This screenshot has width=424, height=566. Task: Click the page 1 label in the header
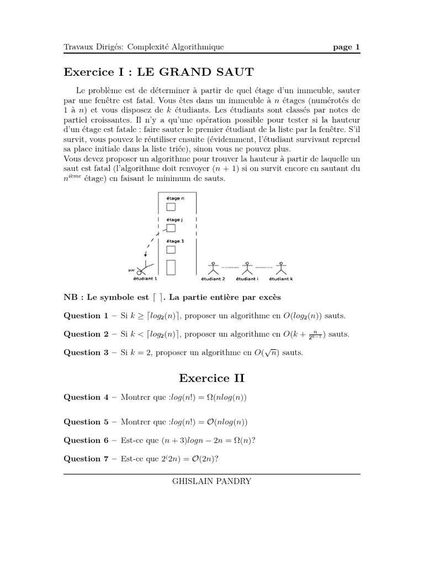click(346, 47)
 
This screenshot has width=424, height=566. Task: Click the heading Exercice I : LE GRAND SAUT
click(159, 71)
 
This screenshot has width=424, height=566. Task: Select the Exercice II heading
click(211, 378)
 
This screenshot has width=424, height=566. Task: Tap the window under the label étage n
click(171, 207)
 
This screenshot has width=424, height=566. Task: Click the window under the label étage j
click(171, 228)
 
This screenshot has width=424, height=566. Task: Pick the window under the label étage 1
click(171, 250)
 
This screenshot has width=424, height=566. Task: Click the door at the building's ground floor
click(171, 267)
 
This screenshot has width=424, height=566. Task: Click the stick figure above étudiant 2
click(213, 268)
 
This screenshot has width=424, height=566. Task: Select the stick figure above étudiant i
click(248, 268)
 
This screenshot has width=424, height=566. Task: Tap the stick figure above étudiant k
click(283, 268)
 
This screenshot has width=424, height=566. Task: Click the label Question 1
click(86, 316)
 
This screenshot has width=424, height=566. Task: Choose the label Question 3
click(86, 353)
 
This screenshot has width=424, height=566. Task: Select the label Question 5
click(86, 422)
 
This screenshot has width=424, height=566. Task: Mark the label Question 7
click(86, 458)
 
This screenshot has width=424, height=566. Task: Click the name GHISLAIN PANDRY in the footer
click(212, 481)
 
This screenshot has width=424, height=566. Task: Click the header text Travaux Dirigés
click(94, 47)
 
